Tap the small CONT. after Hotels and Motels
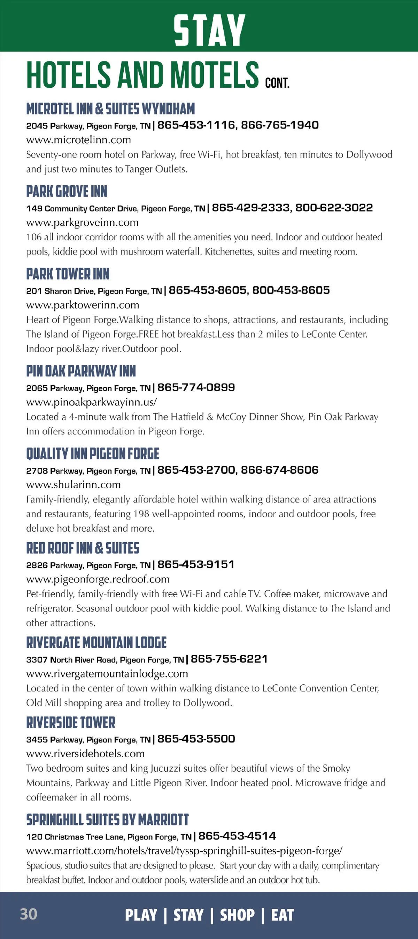(277, 83)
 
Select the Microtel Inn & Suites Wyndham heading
(110, 109)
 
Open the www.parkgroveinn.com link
(82, 222)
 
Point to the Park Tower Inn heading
(68, 274)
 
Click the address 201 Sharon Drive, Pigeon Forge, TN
(94, 291)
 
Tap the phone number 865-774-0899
(196, 387)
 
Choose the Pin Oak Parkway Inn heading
(81, 371)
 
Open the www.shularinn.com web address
(73, 484)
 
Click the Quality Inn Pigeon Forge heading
(93, 454)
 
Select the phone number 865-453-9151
(196, 564)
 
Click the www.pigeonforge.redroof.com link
(98, 579)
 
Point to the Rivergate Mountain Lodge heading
(96, 643)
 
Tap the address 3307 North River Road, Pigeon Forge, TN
(105, 659)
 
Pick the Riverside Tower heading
(71, 722)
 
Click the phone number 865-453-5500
(196, 739)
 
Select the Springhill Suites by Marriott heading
(107, 820)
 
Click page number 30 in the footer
(29, 914)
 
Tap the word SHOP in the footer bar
(237, 915)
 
